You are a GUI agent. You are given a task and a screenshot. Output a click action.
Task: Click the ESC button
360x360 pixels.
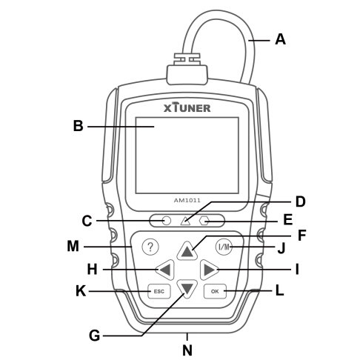(x=159, y=291)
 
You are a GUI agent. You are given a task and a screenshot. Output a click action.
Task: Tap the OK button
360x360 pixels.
(x=215, y=291)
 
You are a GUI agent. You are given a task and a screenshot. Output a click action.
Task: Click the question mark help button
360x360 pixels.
(x=150, y=247)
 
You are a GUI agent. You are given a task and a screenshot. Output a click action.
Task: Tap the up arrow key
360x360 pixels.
(x=187, y=251)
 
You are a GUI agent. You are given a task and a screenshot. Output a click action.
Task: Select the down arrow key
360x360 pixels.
(x=187, y=288)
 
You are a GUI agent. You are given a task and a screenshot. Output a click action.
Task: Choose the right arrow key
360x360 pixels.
(x=209, y=270)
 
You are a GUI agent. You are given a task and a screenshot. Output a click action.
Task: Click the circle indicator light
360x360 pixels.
(x=167, y=221)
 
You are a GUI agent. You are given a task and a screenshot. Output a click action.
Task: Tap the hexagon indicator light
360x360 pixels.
(x=204, y=221)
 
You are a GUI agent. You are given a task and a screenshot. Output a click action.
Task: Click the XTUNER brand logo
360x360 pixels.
(x=187, y=107)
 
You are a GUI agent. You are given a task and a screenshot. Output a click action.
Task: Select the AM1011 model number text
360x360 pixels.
(x=187, y=200)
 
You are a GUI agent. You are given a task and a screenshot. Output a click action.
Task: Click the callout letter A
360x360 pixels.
(x=281, y=39)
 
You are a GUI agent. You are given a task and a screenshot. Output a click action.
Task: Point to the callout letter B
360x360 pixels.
(x=79, y=126)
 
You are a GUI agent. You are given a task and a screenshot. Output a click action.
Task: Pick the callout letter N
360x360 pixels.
(x=187, y=350)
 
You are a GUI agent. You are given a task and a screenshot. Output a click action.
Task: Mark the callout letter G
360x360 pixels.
(x=94, y=336)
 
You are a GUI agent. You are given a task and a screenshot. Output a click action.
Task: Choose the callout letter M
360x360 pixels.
(x=73, y=246)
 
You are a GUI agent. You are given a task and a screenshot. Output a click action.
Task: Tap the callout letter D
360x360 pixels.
(x=301, y=201)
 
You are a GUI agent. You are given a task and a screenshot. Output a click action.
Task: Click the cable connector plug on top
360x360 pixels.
(x=187, y=69)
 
